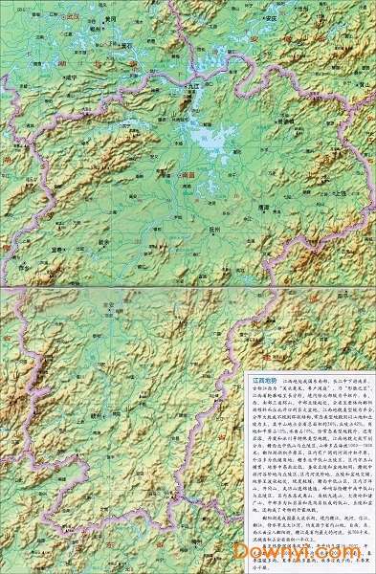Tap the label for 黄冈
pos(110,19)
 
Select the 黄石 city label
pos(125,44)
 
